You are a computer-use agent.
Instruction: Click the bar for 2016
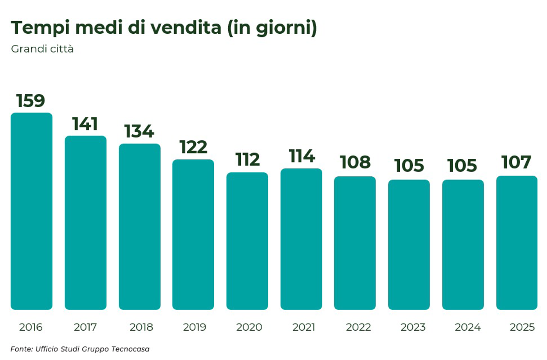coord(32,211)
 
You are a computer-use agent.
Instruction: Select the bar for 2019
coord(193,234)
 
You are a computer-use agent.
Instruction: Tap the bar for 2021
coord(301,239)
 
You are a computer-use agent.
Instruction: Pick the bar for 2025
coord(517,243)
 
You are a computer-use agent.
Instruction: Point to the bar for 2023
coord(409,245)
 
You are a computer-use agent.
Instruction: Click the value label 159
coord(31,101)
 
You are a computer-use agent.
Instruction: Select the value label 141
coord(85,124)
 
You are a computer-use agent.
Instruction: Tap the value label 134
coord(139,131)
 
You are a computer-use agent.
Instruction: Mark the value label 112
coord(247,160)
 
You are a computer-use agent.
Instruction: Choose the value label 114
coord(301,156)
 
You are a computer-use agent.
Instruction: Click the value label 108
coord(355,162)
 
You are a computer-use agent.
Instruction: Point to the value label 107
coord(516,162)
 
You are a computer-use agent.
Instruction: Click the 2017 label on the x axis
coord(85,327)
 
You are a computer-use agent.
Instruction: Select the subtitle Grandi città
coord(42,49)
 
